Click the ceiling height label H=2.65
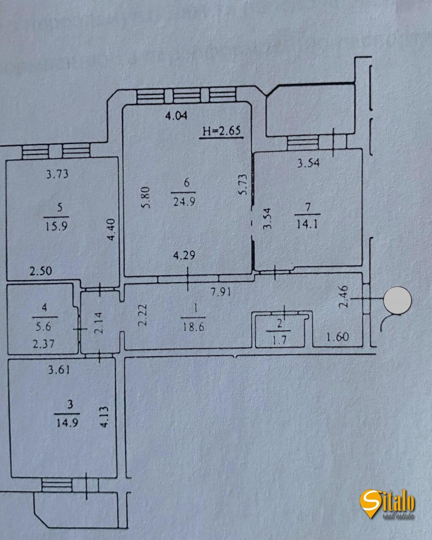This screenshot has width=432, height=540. pyautogui.click(x=221, y=131)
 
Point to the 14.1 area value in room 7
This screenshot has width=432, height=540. pyautogui.click(x=307, y=223)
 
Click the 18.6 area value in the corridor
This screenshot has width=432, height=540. pyautogui.click(x=194, y=327)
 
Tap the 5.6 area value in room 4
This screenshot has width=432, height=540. pyautogui.click(x=44, y=327)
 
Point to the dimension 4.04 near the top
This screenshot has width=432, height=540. pyautogui.click(x=175, y=116)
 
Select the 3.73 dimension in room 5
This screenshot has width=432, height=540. pyautogui.click(x=57, y=173)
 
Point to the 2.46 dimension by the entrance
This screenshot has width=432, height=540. pyautogui.click(x=344, y=297)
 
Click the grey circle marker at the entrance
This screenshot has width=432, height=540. pyautogui.click(x=397, y=300)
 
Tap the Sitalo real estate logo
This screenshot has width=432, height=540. pyautogui.click(x=387, y=504)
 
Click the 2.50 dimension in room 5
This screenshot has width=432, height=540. pyautogui.click(x=41, y=270)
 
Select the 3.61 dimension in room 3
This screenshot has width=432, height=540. pyautogui.click(x=59, y=370)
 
